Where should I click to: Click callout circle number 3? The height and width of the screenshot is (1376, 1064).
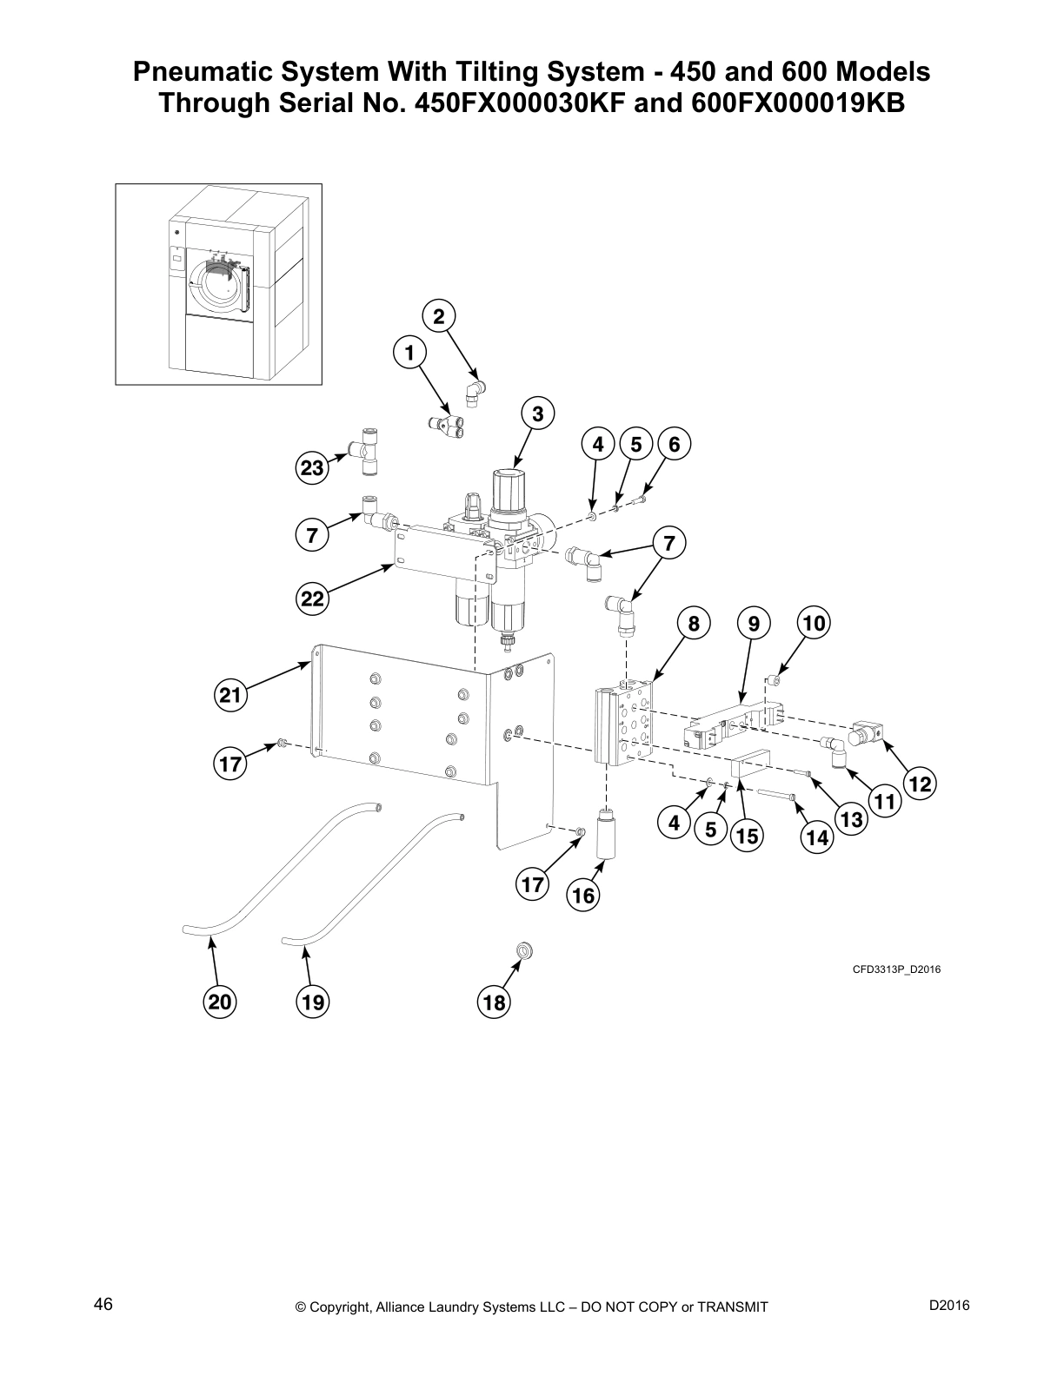[x=538, y=414]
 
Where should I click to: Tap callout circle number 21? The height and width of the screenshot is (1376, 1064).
[x=230, y=695]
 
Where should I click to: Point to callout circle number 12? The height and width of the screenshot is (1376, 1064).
[x=920, y=784]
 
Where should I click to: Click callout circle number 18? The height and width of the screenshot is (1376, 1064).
[x=494, y=1003]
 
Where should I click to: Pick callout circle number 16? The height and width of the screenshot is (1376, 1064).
[x=583, y=895]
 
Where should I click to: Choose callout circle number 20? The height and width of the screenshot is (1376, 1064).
[x=219, y=1002]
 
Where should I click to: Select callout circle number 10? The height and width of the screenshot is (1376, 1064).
[x=815, y=623]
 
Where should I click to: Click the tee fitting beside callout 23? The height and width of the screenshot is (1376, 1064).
[x=365, y=449]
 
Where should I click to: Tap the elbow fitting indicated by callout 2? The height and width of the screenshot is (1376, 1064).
[x=475, y=392]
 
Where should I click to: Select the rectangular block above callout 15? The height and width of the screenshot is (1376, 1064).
[x=753, y=767]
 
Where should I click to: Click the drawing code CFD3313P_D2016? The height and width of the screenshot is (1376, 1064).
[x=896, y=969]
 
